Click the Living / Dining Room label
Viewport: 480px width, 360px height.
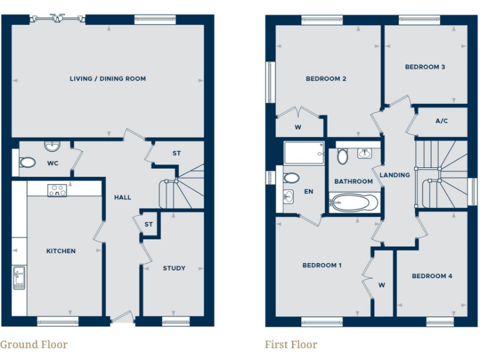(107, 79)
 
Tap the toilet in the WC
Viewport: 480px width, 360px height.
(27, 162)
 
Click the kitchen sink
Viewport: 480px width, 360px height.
(19, 277)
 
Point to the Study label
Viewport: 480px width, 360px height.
(174, 268)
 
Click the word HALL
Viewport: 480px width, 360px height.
(122, 197)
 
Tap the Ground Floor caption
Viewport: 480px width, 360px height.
(34, 344)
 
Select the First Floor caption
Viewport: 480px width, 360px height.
(291, 344)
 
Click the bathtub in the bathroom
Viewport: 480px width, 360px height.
(354, 202)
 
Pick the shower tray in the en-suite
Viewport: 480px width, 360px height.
(304, 152)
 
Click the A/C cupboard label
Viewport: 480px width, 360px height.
(441, 121)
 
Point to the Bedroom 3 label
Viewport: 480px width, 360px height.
(425, 67)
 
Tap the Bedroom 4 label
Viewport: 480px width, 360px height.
(432, 276)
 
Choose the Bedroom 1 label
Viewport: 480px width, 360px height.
(322, 265)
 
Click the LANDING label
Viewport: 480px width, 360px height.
(395, 175)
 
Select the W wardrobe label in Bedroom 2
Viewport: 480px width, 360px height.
(297, 128)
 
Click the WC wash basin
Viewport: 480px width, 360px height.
(52, 147)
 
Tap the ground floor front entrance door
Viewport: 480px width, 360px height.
(122, 319)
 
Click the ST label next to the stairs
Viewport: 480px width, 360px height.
(177, 153)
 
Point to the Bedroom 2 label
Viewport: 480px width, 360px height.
(326, 79)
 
